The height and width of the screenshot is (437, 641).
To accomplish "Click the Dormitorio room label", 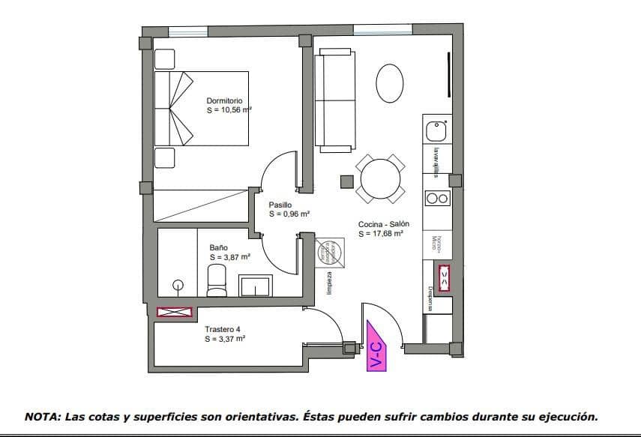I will click(x=223, y=100).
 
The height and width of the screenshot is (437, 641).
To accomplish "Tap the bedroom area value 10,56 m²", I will click(x=229, y=109).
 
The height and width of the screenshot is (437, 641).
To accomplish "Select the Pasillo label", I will click(x=280, y=205).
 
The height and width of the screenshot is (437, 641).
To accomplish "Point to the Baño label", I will click(x=218, y=247).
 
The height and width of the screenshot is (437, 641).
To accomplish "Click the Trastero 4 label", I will click(x=223, y=329).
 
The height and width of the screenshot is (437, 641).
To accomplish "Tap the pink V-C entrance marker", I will click(x=377, y=346).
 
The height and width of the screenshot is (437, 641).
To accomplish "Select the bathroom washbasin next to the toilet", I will click(x=256, y=286).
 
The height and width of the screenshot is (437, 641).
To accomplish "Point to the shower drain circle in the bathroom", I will click(x=178, y=284).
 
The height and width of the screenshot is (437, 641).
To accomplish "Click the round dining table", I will click(x=382, y=180).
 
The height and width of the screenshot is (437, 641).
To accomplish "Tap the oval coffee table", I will click(x=389, y=83).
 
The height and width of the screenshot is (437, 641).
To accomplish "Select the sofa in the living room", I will click(x=334, y=98).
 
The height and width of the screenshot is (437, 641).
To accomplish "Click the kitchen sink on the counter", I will click(x=436, y=132).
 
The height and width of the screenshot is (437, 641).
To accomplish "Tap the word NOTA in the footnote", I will click(x=42, y=416).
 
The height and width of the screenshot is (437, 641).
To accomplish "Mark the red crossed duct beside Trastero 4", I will click(x=174, y=312).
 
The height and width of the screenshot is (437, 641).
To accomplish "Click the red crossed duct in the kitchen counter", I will click(x=445, y=277).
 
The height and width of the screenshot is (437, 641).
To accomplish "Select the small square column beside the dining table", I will click(x=346, y=181).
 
